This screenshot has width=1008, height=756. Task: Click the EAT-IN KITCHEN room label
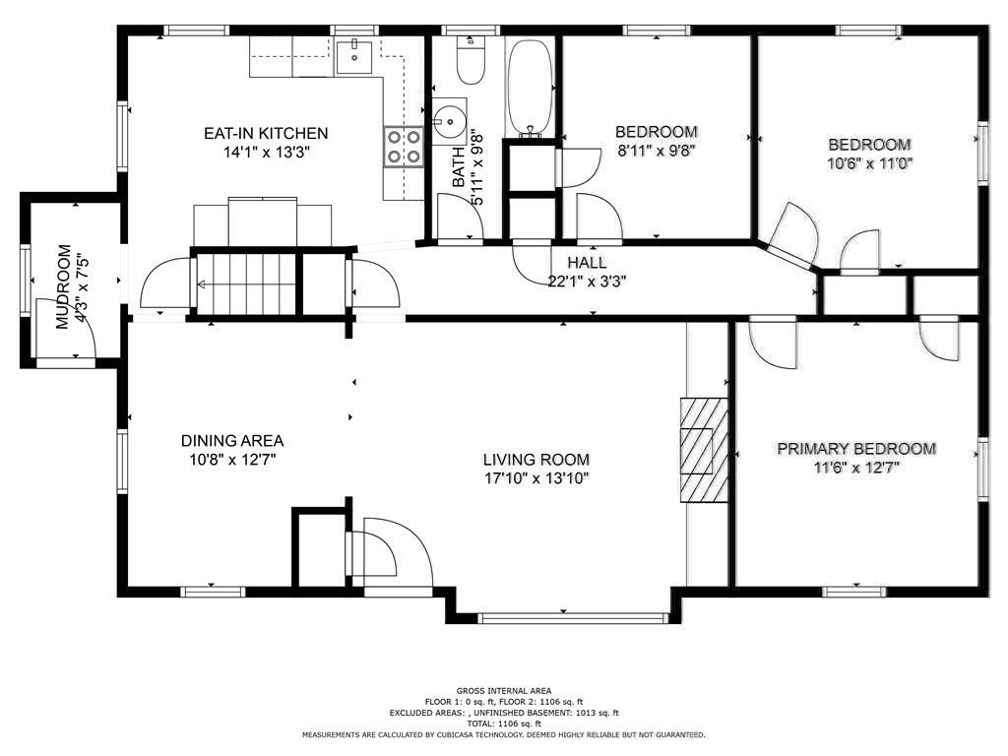[266, 134]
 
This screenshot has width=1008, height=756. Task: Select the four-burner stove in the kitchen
[403, 147]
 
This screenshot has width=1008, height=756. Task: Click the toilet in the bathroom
[471, 62]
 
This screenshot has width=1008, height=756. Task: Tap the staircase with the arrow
[244, 284]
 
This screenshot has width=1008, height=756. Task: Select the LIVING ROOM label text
[535, 460]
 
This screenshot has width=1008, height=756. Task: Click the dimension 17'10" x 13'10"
[535, 478]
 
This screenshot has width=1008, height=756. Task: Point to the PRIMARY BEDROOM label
[855, 449]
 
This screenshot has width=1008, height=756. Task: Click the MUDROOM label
[63, 286]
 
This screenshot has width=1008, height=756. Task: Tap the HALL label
[586, 263]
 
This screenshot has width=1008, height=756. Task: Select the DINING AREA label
[231, 441]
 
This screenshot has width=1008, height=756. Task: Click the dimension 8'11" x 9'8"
[656, 151]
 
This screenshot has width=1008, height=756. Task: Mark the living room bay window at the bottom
[574, 618]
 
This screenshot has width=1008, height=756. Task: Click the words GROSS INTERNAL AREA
[503, 690]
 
